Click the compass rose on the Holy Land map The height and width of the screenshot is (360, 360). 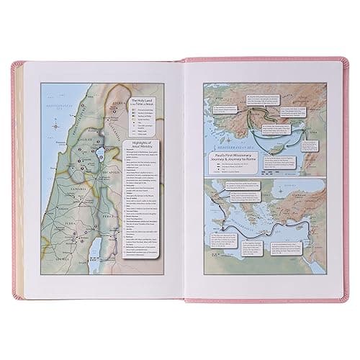[x=54, y=123]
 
